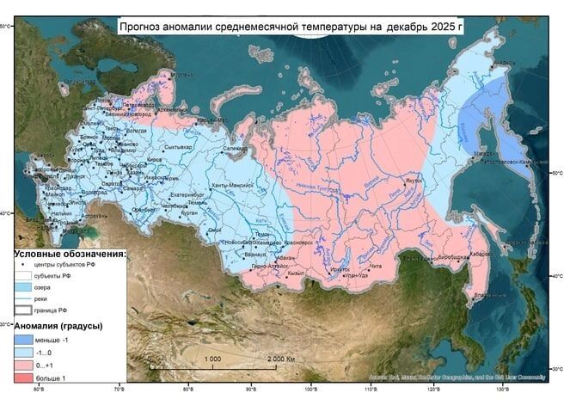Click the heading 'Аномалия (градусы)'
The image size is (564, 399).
click(58, 326)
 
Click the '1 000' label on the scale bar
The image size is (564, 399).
click(213, 359)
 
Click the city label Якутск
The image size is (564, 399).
click(414, 181)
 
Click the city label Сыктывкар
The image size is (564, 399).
click(175, 147)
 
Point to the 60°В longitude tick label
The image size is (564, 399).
click(40, 390)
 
